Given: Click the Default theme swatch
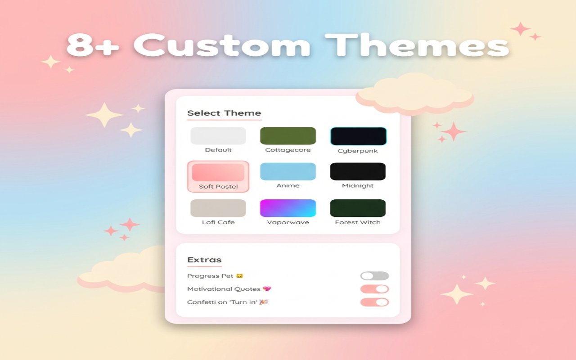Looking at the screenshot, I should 218,135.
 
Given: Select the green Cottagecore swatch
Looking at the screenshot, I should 288,135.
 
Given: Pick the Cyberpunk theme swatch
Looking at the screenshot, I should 358,136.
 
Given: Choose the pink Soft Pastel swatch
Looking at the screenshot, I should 218,172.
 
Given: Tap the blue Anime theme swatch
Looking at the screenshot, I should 288,171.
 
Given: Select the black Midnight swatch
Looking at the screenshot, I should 358,171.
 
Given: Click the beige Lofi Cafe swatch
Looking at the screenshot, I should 218,208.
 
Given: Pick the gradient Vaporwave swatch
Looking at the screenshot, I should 288,208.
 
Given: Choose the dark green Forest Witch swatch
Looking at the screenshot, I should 358,208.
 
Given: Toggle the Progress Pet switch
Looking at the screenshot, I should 374,276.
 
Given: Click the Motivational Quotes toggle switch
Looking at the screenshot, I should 374,289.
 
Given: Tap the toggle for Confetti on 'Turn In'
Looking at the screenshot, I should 374,302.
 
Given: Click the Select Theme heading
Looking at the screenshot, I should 224,113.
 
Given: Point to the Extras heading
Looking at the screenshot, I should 204,260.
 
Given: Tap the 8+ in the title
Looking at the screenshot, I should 94,45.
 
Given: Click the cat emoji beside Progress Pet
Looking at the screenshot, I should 240,276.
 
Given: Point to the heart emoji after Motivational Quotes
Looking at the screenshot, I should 267,289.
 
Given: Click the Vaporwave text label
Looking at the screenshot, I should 288,222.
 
